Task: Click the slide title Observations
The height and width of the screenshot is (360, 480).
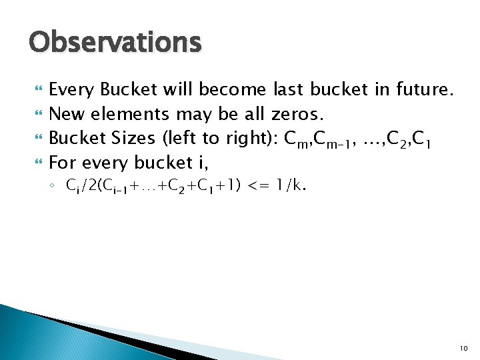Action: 115,42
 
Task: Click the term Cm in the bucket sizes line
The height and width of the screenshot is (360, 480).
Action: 295,139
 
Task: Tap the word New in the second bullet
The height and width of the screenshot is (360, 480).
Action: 68,113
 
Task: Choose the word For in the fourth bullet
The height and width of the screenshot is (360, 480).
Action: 63,163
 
